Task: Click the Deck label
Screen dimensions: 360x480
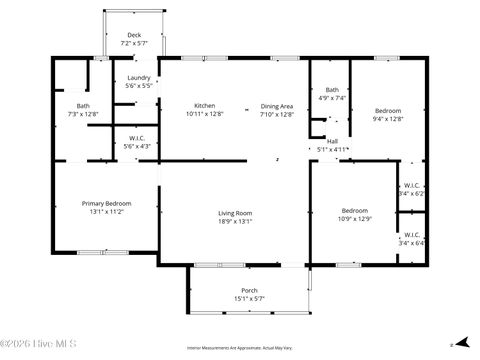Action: (x=134, y=35)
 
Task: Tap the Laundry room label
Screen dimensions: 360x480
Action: (x=139, y=78)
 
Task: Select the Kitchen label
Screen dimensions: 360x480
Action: (x=204, y=106)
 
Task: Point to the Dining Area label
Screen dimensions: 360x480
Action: (x=277, y=106)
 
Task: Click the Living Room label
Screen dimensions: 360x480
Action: (x=235, y=213)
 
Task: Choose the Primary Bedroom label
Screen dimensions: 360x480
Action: (x=106, y=203)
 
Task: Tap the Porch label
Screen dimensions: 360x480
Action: (x=249, y=290)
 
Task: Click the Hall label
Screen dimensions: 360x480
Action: (x=332, y=141)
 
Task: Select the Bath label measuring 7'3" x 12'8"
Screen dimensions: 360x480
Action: (x=83, y=106)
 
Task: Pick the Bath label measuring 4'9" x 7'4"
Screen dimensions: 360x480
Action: (x=331, y=90)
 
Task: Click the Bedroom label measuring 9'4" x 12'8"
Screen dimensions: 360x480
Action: (x=388, y=110)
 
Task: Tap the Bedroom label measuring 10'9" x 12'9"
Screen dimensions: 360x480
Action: (x=354, y=210)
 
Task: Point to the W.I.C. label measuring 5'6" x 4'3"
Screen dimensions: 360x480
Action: (x=138, y=138)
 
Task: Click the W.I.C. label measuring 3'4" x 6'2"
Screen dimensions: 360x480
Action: (x=412, y=185)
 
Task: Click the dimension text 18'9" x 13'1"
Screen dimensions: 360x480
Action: (x=235, y=221)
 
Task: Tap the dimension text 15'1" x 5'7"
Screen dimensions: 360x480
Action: (x=249, y=298)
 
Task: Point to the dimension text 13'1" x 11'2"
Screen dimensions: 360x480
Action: (x=106, y=211)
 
